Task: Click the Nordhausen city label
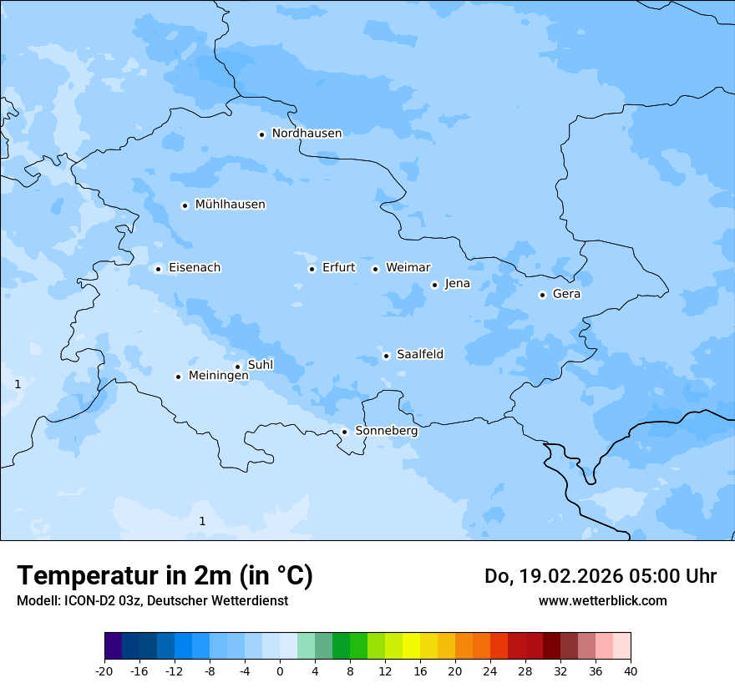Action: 307,134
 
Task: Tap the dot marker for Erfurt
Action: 312,269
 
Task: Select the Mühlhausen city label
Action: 230,205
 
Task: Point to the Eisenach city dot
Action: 158,269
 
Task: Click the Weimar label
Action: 408,268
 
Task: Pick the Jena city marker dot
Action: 434,285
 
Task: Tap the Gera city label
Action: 566,294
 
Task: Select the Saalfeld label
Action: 419,355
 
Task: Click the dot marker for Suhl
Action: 237,367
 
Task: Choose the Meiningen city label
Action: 218,376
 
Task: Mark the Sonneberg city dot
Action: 344,432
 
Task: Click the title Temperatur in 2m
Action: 165,576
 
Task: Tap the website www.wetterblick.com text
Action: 602,600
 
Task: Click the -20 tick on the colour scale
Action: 104,670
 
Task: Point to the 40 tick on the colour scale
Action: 631,670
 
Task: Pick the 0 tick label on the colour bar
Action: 280,670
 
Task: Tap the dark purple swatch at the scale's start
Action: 113,646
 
